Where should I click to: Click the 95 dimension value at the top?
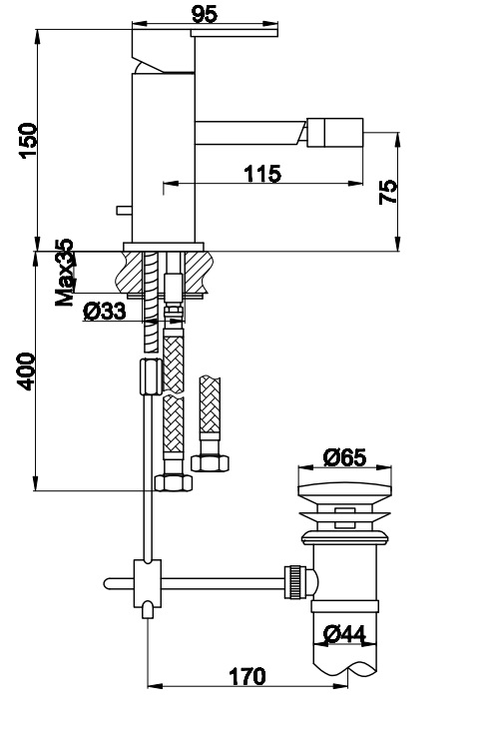click(x=206, y=14)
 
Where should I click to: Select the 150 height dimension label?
click(x=28, y=141)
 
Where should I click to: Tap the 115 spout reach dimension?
click(x=262, y=174)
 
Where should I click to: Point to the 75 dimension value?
click(x=388, y=192)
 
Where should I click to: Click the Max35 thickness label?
click(x=65, y=273)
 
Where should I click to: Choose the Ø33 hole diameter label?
click(x=105, y=311)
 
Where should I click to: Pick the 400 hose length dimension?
click(x=27, y=371)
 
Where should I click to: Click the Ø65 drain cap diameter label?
click(x=345, y=457)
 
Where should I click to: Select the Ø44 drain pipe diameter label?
click(x=344, y=635)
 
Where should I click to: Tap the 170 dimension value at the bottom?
click(x=246, y=676)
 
